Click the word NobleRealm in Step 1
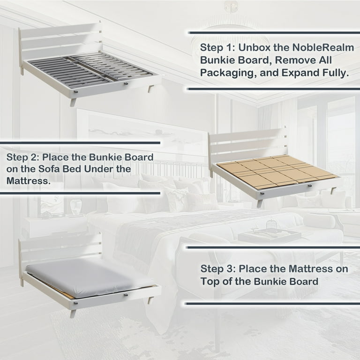[323, 47]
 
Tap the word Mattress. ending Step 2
[28, 181]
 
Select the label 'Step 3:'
[218, 269]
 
